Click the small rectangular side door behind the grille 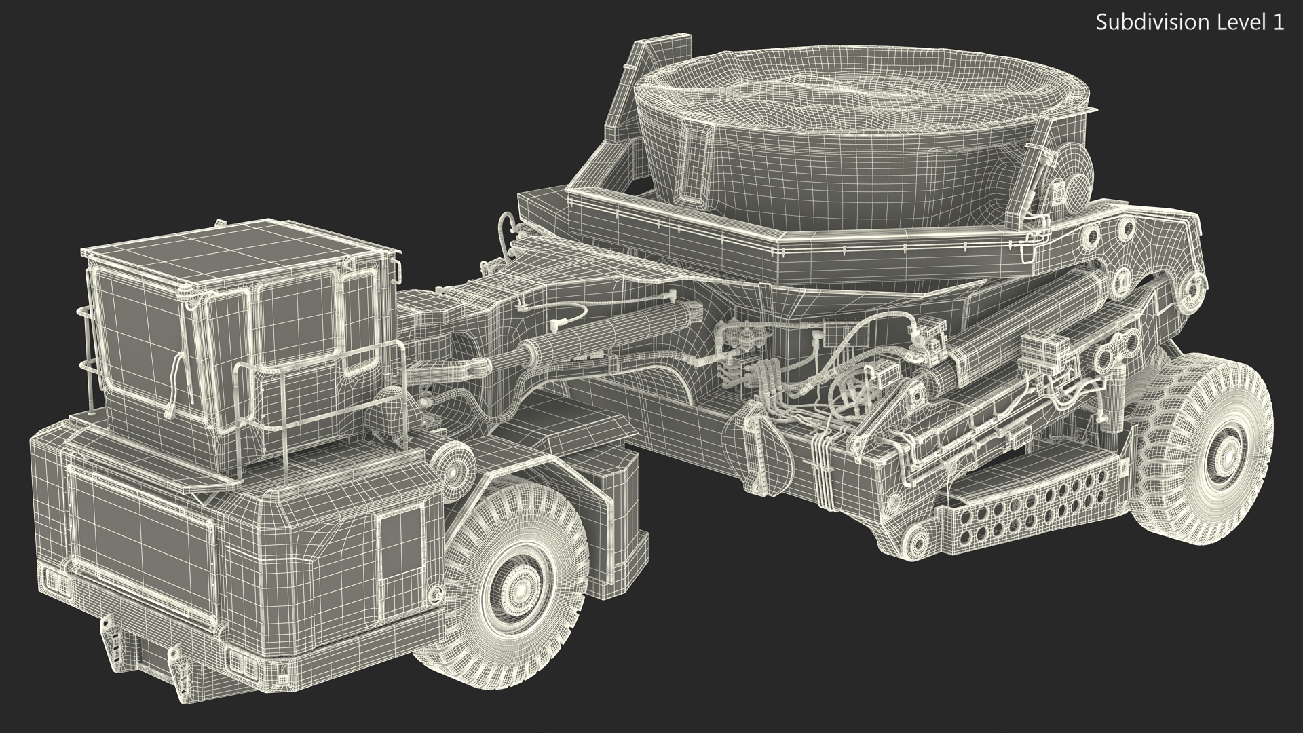392,557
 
